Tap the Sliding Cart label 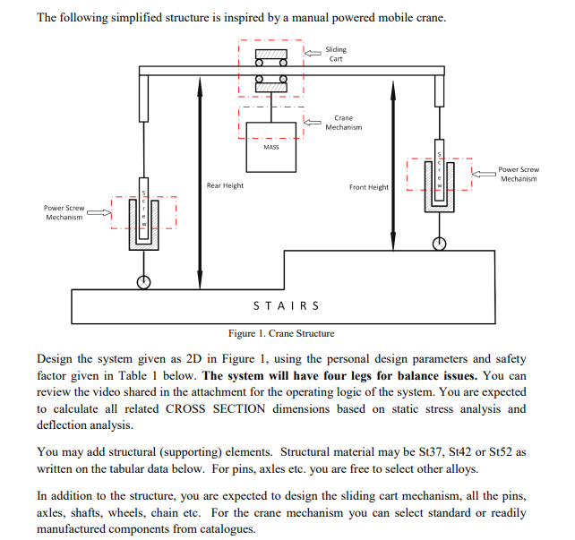click(x=336, y=55)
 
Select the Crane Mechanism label click(x=343, y=123)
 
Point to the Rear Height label click(x=225, y=185)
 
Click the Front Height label click(x=369, y=187)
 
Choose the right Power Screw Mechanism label click(x=519, y=174)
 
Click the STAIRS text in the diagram click(x=287, y=305)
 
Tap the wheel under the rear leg click(x=142, y=282)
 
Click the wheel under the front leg click(x=439, y=243)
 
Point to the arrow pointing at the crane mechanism click(x=313, y=121)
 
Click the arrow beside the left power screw click(x=99, y=213)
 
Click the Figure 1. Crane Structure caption click(x=281, y=333)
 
